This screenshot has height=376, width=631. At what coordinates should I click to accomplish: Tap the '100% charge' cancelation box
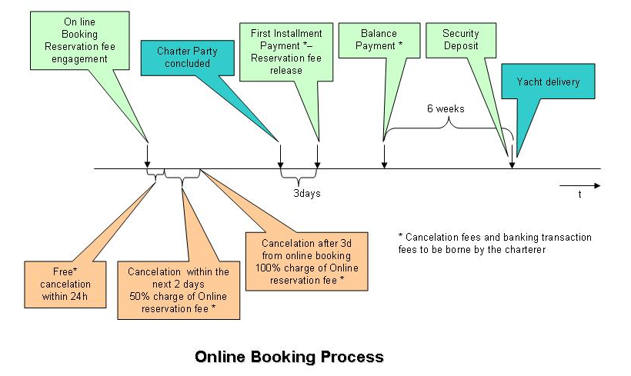(x=306, y=261)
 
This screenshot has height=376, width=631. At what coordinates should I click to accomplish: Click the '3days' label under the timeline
(x=306, y=193)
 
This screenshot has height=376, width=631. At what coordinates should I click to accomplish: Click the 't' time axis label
(x=579, y=195)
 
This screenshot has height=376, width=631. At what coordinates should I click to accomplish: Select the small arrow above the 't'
(x=579, y=185)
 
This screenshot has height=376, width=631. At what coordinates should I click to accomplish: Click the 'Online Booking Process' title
(x=289, y=357)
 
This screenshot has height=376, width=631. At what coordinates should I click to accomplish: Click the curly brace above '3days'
(x=299, y=175)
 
